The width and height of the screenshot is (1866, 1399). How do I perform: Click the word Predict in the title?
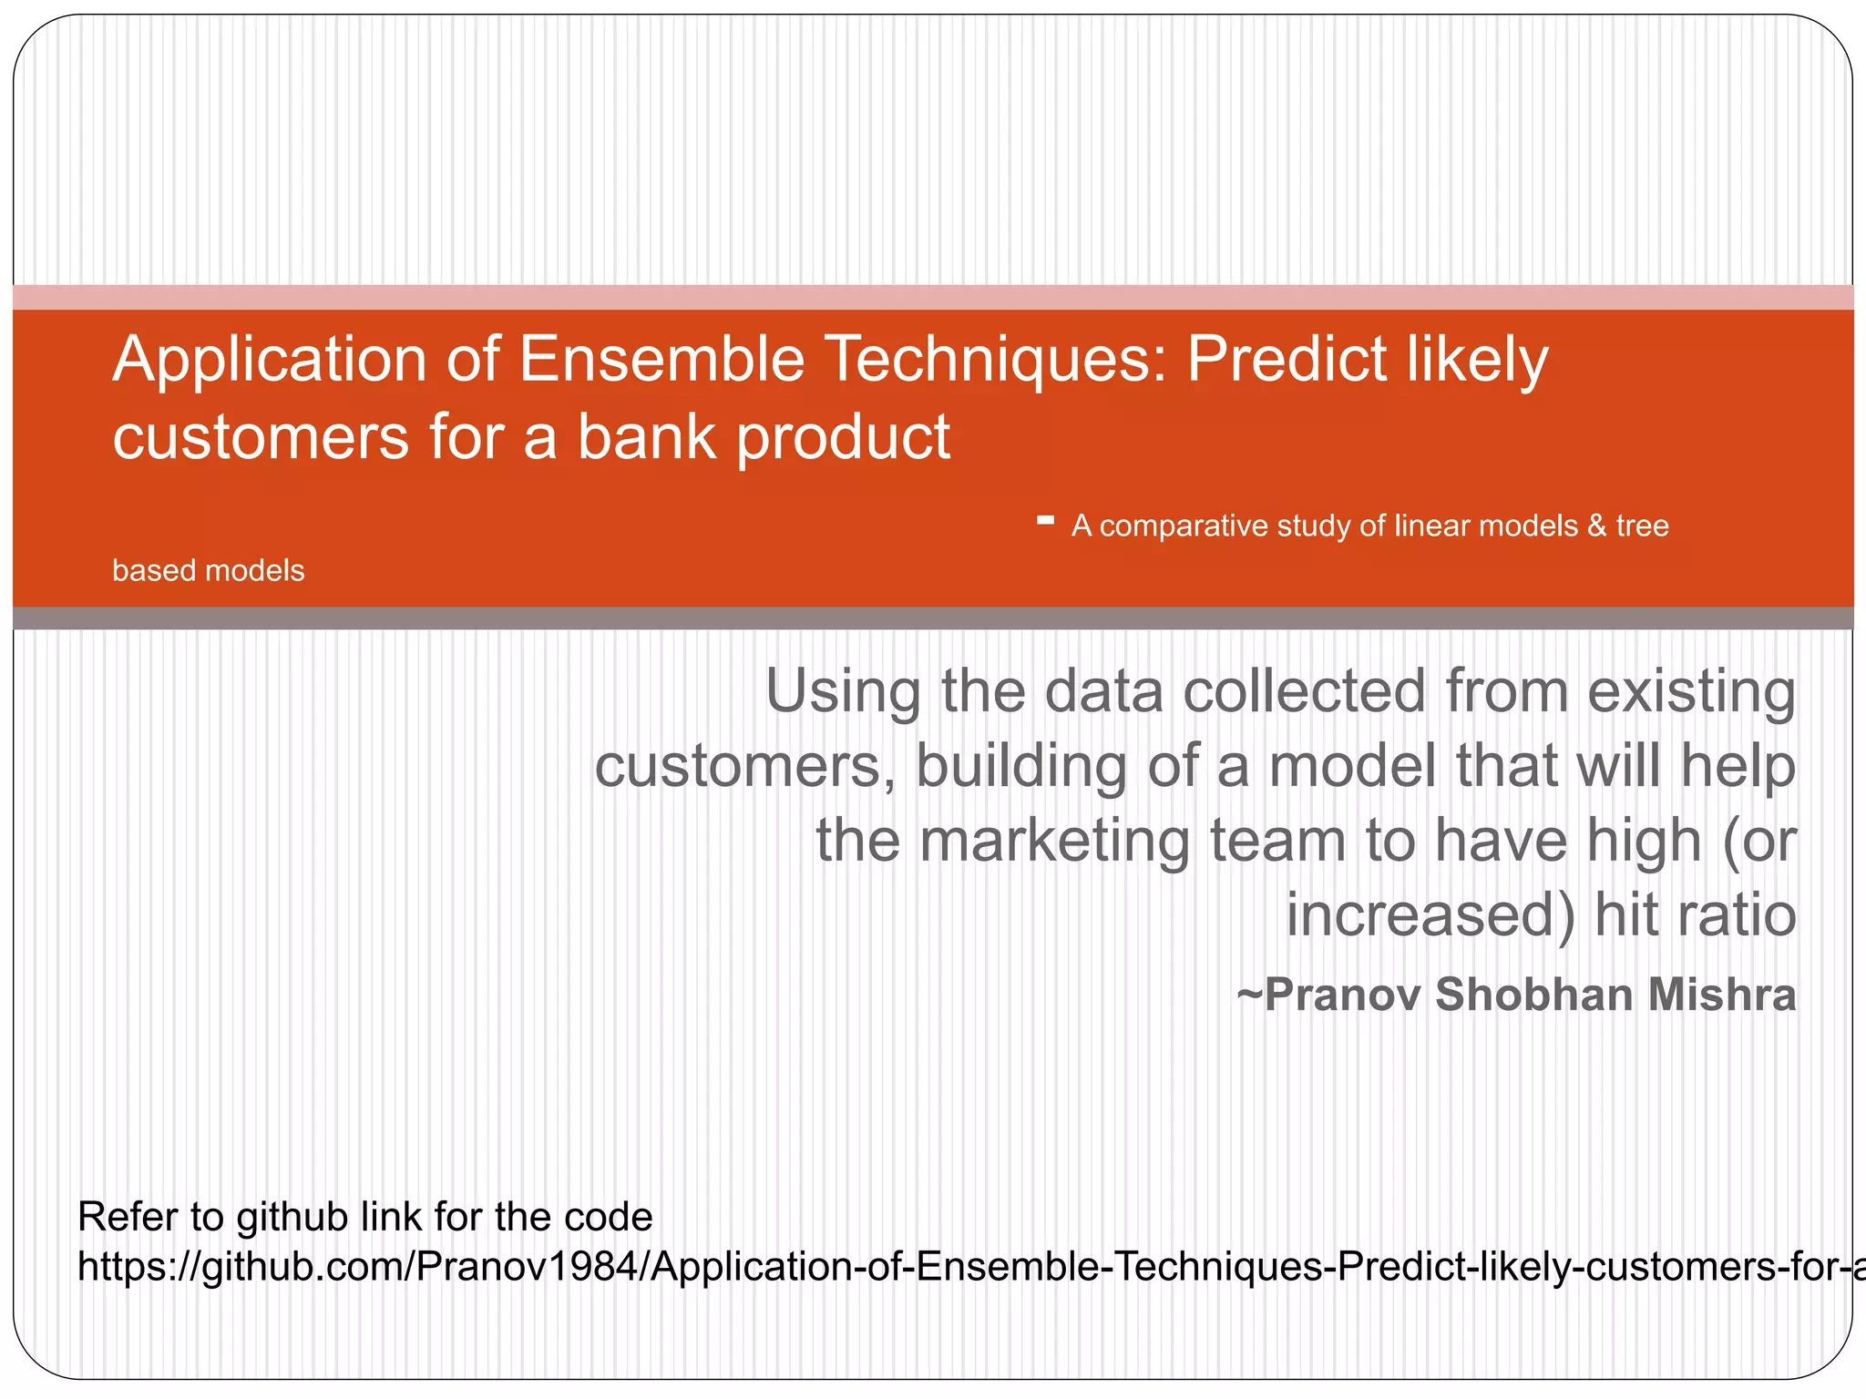click(x=1287, y=359)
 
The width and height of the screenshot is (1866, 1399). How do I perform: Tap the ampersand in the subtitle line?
click(x=1596, y=526)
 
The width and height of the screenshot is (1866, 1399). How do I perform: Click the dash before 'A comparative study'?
click(x=1045, y=522)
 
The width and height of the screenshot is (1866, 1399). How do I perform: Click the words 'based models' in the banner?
click(x=208, y=570)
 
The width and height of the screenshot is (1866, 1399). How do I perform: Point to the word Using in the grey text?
click(x=843, y=692)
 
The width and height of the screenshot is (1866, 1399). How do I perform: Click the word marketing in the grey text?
click(x=1054, y=840)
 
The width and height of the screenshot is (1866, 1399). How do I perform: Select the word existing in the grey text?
click(x=1691, y=692)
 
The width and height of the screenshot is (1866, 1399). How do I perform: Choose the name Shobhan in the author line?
click(x=1521, y=994)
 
